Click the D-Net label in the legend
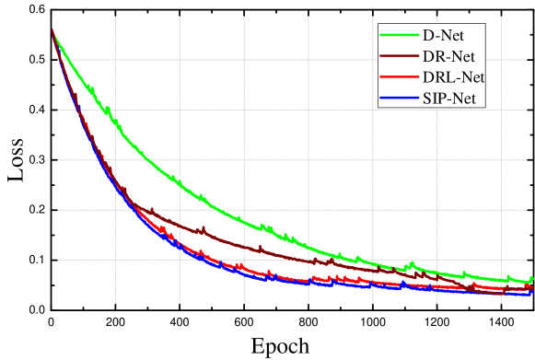pos(442,36)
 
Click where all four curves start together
pos(52,31)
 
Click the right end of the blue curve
pos(531,294)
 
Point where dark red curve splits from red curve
pos(129,201)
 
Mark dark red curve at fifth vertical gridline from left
pos(373,268)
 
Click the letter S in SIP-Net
pos(428,99)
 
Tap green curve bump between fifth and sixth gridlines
pos(413,265)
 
